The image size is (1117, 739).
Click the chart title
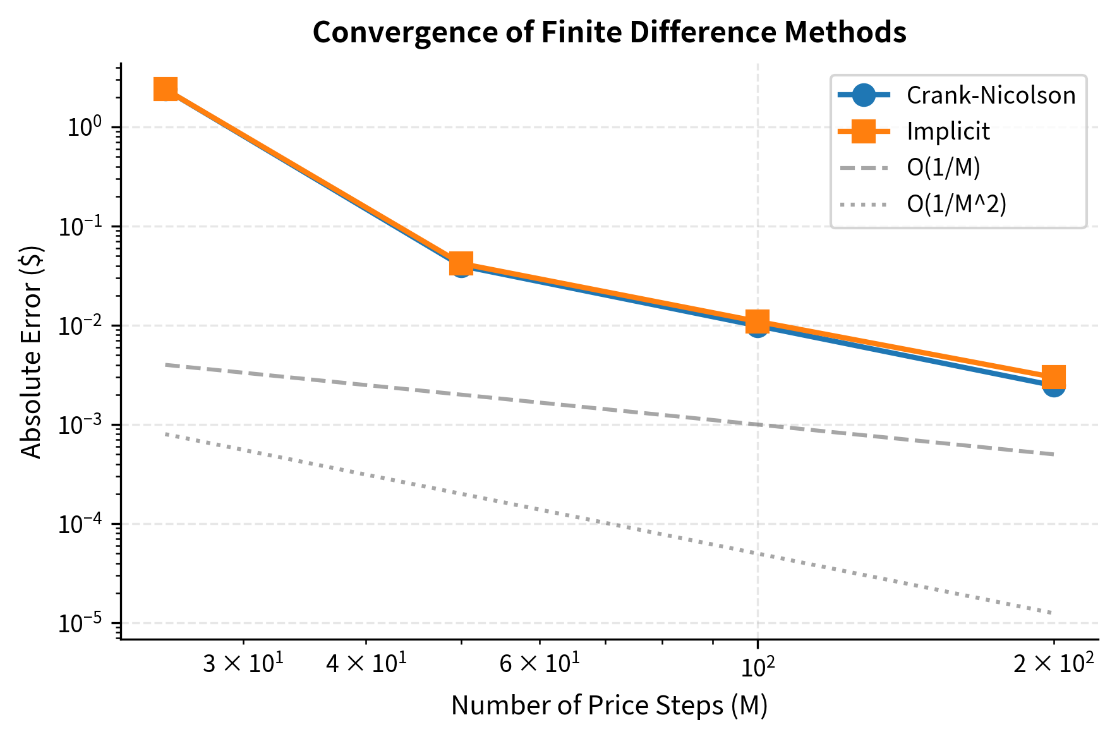609,32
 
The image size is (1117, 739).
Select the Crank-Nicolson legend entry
990,95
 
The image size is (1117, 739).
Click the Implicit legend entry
948,131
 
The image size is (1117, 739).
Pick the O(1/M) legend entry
943,167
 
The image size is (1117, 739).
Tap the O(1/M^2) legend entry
956,203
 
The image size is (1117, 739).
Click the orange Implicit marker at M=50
461,263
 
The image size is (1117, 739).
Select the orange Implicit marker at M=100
757,321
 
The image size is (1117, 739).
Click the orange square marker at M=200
1053,377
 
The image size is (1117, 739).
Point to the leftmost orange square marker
166,90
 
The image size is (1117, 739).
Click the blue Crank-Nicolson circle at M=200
1053,387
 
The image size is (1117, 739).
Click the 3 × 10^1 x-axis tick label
243,665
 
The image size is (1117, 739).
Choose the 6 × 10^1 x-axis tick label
539,665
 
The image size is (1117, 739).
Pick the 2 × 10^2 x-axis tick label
1053,665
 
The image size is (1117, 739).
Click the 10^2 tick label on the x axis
757,666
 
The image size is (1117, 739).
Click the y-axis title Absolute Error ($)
32,351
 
